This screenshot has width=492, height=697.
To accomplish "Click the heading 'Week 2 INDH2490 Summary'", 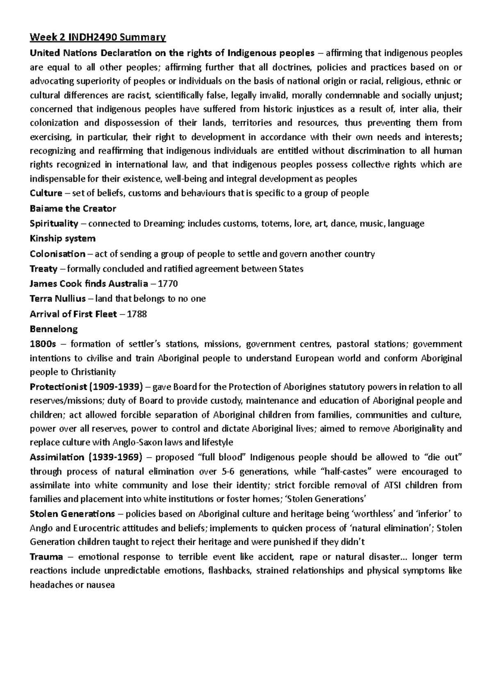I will coord(98,38).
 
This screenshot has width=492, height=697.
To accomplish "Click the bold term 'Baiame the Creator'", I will coord(73,209).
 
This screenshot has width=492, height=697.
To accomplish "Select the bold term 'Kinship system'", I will coord(63,238).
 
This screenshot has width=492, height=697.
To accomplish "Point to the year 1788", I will coord(137,314).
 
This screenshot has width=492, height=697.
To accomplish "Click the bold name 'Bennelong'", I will coord(54,329).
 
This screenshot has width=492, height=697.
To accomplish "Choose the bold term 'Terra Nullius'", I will coord(58,299).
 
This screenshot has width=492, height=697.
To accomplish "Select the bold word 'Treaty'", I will coord(43,269).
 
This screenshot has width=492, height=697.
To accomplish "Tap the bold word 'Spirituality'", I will coord(54,224).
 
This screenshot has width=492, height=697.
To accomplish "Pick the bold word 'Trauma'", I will coord(46,557).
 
